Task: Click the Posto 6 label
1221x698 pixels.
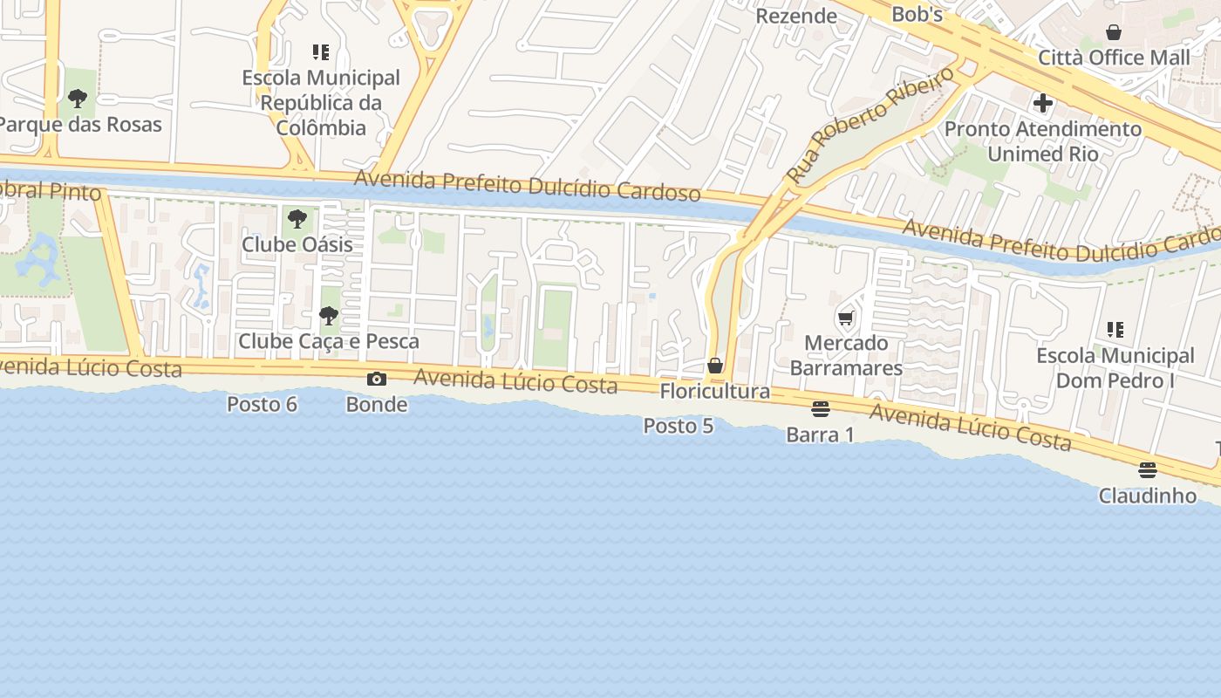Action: (x=262, y=404)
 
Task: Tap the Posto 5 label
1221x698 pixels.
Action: (x=679, y=426)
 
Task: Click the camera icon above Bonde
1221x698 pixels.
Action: (x=377, y=379)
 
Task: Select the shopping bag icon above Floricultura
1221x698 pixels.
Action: (x=715, y=366)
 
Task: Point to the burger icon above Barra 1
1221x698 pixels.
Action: (x=820, y=408)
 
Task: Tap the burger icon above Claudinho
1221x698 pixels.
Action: (x=1147, y=470)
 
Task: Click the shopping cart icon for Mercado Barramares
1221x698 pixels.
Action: (x=845, y=318)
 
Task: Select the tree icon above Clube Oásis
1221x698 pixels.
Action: (x=297, y=218)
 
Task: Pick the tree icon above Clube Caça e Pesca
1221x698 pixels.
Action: (x=329, y=315)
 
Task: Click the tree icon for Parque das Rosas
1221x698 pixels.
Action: (x=78, y=98)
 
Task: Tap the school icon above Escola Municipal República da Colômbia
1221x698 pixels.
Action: (x=321, y=52)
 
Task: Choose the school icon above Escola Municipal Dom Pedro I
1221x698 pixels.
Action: (x=1115, y=330)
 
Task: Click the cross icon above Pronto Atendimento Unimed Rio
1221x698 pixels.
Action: (x=1043, y=103)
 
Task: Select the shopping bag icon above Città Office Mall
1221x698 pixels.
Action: (x=1114, y=32)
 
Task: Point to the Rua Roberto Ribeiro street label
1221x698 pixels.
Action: (x=870, y=124)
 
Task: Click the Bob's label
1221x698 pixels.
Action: (x=917, y=14)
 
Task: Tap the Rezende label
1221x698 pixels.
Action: (x=795, y=16)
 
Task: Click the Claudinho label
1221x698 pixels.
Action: (x=1147, y=496)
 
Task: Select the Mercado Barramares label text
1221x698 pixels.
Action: (x=846, y=355)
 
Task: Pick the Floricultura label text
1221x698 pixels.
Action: (x=715, y=391)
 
